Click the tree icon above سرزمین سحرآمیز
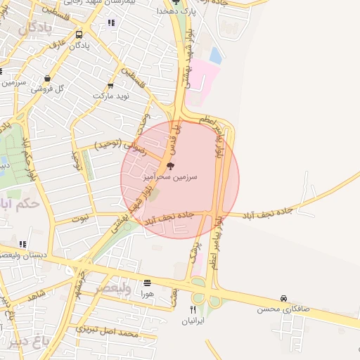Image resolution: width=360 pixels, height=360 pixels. point(170,167)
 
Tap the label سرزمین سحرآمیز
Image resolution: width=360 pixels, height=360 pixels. point(170,177)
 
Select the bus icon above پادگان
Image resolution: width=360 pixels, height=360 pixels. point(79,34)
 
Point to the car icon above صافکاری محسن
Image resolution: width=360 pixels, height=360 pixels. point(283,298)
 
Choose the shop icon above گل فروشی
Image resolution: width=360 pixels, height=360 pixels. point(47,79)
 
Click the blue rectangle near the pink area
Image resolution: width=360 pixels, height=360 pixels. point(216,56)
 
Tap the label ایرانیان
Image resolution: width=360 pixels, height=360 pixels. point(193,322)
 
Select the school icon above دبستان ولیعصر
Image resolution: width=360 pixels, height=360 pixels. point(22,244)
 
